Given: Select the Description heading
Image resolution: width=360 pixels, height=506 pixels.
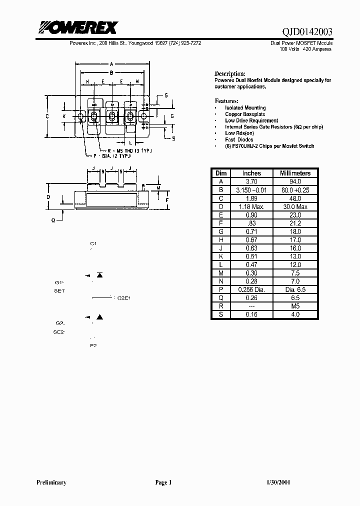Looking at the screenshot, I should (x=230, y=73).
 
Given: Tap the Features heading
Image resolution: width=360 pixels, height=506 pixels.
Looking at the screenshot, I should (x=226, y=100).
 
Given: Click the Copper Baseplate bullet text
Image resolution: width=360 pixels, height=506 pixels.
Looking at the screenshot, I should (x=245, y=114).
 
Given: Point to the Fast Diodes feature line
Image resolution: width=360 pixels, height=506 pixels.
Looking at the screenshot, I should (x=239, y=140).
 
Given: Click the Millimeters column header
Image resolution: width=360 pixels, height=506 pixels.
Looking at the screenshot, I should (x=294, y=173).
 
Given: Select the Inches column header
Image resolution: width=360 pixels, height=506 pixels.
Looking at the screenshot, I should (x=251, y=173).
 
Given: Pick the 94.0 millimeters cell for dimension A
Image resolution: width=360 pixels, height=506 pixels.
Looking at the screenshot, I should (x=294, y=181).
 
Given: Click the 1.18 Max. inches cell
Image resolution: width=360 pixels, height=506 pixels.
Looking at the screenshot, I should (x=251, y=206).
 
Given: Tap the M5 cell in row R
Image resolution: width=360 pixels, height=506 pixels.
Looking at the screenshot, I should (x=294, y=306).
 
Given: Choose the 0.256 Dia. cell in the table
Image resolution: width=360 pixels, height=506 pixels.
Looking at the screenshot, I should (x=251, y=289).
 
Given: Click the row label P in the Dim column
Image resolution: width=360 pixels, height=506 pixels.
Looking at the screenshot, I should (x=220, y=289).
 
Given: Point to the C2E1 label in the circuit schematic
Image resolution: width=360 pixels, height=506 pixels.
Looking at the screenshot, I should (x=123, y=298).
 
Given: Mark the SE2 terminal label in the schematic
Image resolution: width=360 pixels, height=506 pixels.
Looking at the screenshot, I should (x=59, y=331).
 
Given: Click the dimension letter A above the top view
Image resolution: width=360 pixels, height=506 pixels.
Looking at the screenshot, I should (x=112, y=63).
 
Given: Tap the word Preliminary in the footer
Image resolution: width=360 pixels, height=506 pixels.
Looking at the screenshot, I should (x=51, y=482).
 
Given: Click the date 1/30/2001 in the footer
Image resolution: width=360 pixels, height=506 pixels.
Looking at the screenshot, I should (x=276, y=482).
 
